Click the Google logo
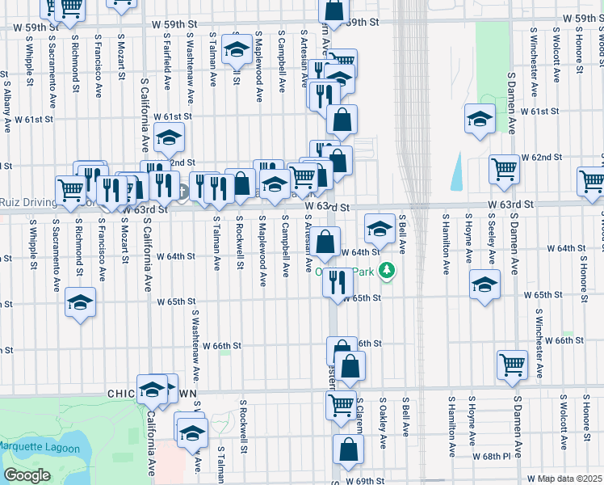[x=27, y=475]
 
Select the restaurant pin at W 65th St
[x=338, y=283]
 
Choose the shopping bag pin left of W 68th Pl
[x=348, y=449]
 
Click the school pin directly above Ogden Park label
[x=380, y=228]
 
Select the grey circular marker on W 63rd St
[x=183, y=192]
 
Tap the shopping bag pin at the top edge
[x=333, y=10]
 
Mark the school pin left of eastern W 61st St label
[x=480, y=120]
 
